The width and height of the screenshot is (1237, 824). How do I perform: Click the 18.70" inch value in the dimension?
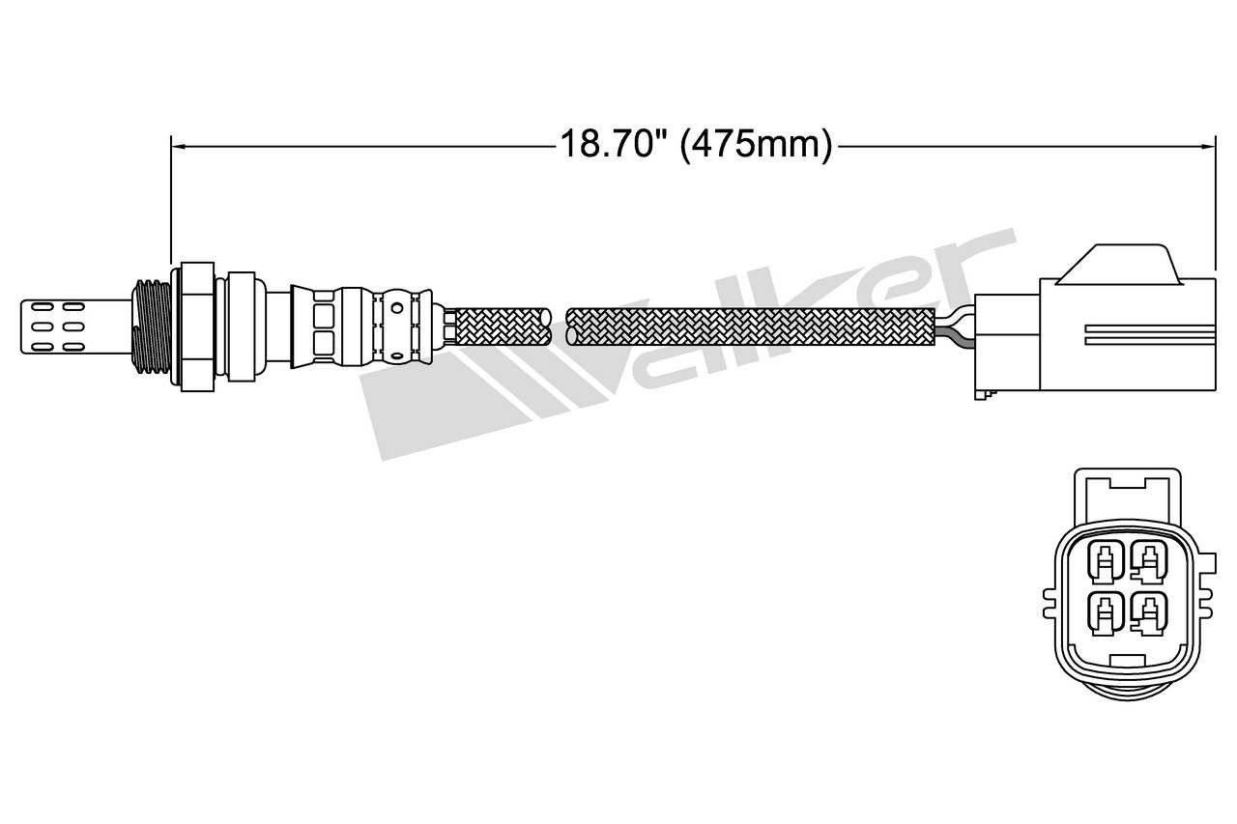click(x=614, y=145)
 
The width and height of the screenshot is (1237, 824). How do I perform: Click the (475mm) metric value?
click(x=756, y=146)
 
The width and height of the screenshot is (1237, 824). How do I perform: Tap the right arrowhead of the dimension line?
click(x=1208, y=146)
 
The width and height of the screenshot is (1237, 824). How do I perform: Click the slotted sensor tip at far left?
click(x=76, y=327)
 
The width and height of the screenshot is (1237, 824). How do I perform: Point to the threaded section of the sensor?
click(x=152, y=327)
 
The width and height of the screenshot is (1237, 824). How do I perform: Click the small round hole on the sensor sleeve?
click(x=396, y=308)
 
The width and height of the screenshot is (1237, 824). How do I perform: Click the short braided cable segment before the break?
click(x=503, y=327)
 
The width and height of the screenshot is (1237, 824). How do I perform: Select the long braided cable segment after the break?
click(x=750, y=327)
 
